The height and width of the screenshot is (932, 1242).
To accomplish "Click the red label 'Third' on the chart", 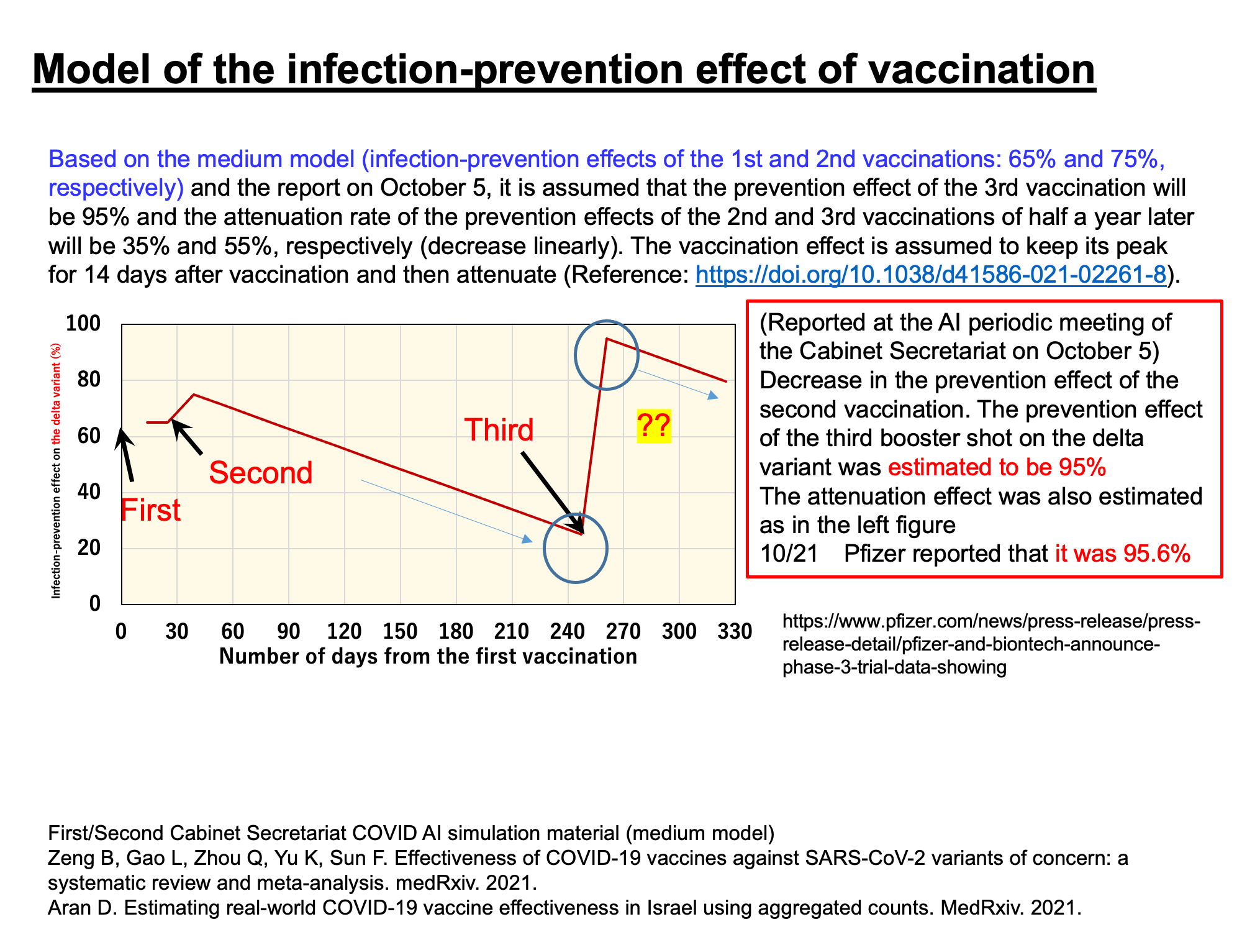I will (499, 430).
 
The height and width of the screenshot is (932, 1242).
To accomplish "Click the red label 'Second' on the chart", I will (261, 473).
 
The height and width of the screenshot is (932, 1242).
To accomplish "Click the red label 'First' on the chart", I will (150, 511).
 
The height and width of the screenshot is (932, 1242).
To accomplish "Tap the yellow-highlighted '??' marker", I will (654, 427).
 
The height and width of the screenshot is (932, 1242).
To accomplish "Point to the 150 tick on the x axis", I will (400, 632).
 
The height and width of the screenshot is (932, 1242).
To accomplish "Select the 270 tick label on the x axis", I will (623, 632).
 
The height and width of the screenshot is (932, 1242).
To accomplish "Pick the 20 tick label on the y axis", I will (91, 548).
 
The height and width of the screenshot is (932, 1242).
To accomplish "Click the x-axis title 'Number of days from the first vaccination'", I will (428, 656).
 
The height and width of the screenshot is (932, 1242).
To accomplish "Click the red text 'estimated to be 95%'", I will (997, 467).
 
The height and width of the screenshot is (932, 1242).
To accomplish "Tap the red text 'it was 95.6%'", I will (1122, 554).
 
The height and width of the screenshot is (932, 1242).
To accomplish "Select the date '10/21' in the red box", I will (789, 554).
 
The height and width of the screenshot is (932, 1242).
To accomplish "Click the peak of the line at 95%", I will (606, 339).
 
